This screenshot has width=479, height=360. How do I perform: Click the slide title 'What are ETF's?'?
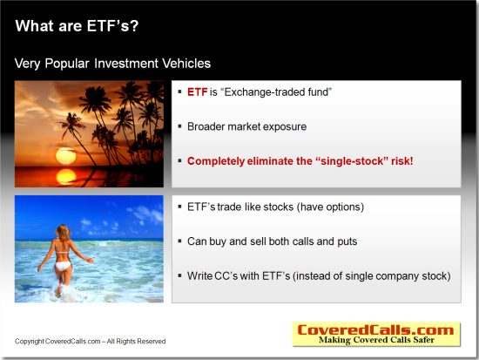pyautogui.click(x=77, y=25)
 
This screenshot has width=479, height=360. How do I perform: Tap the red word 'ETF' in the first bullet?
pyautogui.click(x=198, y=92)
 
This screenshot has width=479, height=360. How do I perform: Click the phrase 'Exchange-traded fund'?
pyautogui.click(x=276, y=92)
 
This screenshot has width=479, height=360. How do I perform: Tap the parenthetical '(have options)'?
pyautogui.click(x=330, y=207)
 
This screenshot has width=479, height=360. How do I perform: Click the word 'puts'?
pyautogui.click(x=347, y=242)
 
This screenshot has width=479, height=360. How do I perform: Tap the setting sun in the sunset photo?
pyautogui.click(x=65, y=156)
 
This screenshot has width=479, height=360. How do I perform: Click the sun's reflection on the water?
pyautogui.click(x=65, y=176)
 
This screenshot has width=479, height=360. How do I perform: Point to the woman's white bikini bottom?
pyautogui.click(x=63, y=267)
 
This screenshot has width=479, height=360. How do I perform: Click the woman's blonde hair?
pyautogui.click(x=63, y=233)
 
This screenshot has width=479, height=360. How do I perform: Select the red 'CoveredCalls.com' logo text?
pyautogui.click(x=375, y=330)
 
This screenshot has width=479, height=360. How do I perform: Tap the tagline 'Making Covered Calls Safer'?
pyautogui.click(x=376, y=340)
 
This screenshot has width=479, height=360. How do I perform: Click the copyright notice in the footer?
pyautogui.click(x=90, y=342)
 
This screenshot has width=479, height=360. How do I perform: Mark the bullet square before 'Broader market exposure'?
pyautogui.click(x=179, y=126)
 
